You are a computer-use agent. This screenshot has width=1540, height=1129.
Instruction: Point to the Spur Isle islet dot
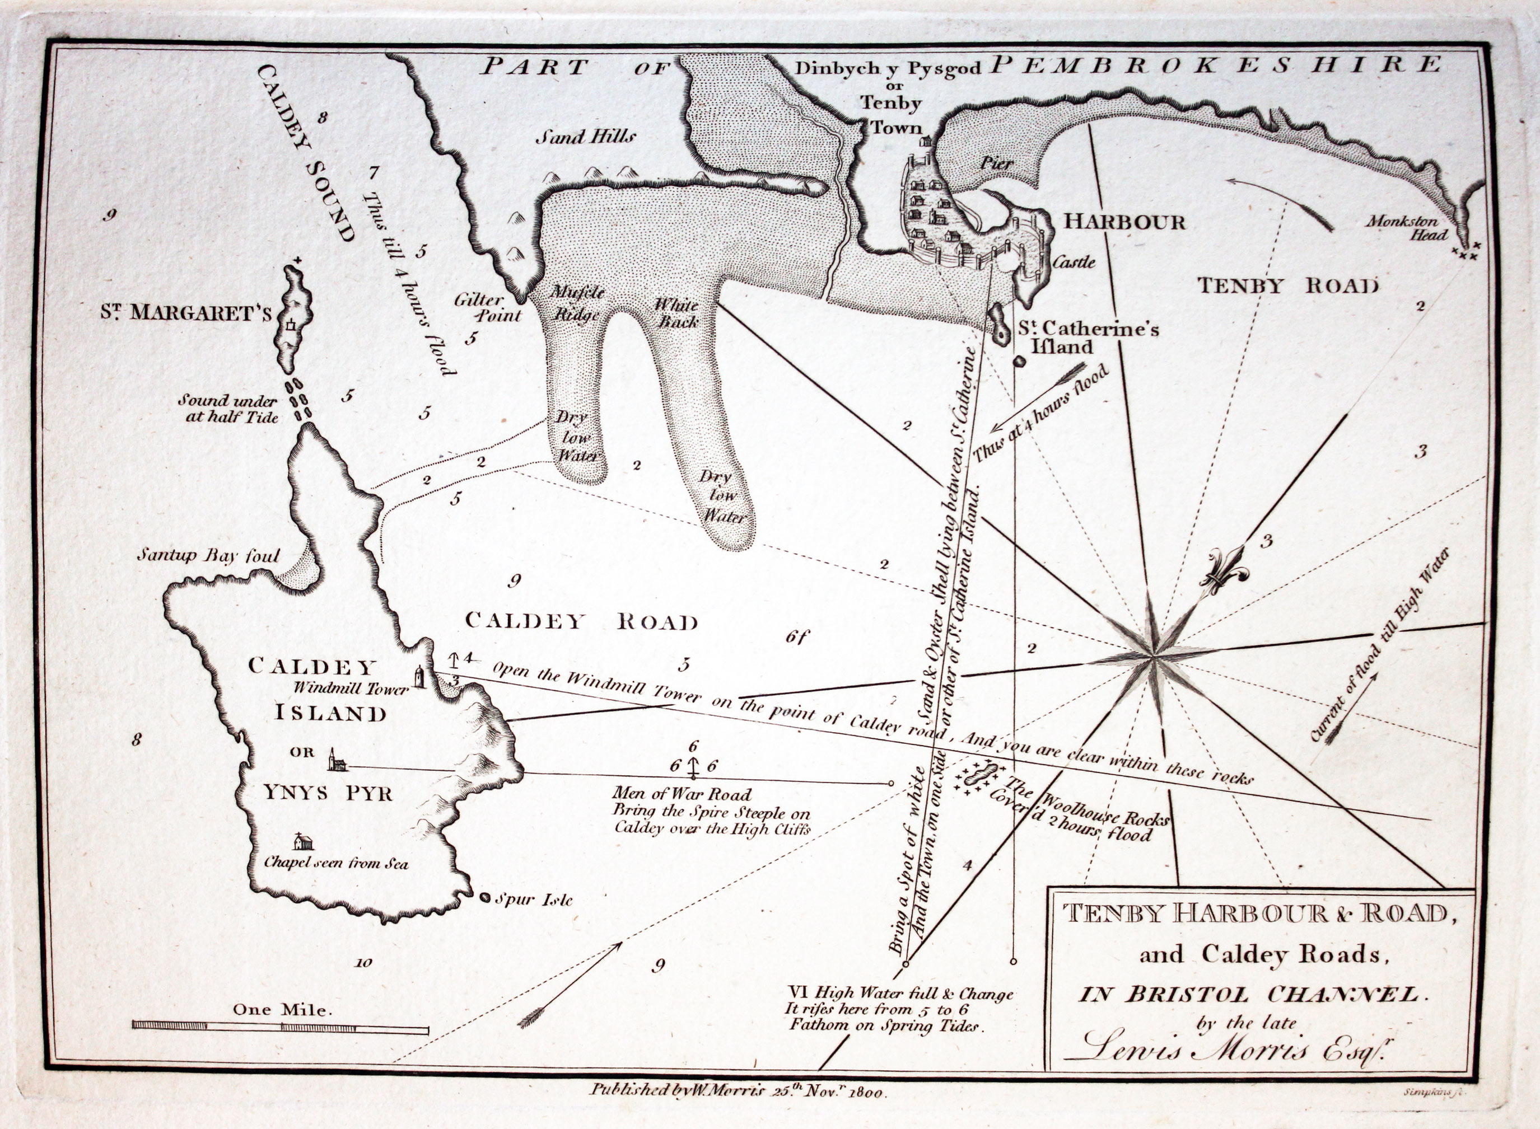tap(486, 897)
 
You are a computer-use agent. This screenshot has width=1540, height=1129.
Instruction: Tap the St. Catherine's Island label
tap(1088, 338)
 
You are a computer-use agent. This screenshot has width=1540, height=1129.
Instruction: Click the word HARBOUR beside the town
tap(1124, 222)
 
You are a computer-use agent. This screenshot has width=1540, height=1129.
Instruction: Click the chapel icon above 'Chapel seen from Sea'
tap(303, 842)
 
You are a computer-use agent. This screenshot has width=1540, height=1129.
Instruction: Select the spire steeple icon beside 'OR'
tap(335, 761)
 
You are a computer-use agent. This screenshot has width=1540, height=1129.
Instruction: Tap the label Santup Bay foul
tap(208, 554)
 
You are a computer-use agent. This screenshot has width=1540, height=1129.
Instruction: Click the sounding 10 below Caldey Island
tap(363, 963)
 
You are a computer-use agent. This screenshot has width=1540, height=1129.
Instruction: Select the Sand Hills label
tap(585, 137)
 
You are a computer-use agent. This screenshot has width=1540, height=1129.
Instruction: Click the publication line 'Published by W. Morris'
tap(738, 1090)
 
